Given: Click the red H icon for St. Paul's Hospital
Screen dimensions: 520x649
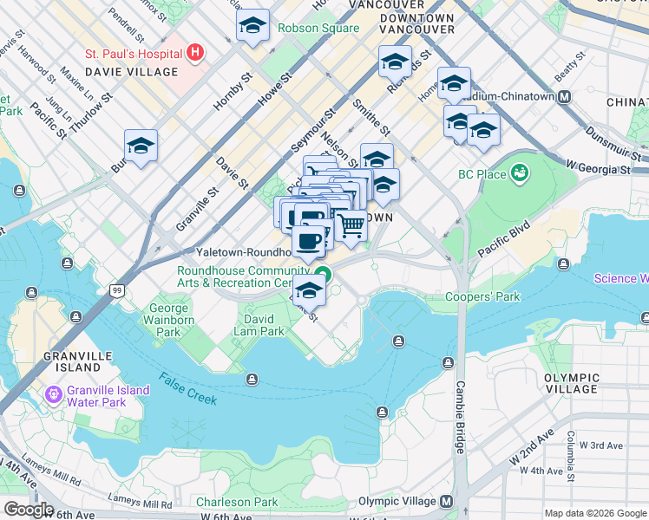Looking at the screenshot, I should (195, 53).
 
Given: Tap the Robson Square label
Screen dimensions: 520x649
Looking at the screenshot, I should (318, 28).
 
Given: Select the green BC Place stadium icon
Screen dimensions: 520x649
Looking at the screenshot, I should (520, 173).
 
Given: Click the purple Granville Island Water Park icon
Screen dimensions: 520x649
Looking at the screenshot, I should (54, 396).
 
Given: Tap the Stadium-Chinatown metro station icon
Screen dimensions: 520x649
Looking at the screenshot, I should (564, 96).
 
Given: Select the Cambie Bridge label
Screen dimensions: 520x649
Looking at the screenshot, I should (460, 417).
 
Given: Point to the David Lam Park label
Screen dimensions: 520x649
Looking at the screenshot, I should (259, 325).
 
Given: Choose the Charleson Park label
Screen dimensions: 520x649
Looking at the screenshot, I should (237, 502).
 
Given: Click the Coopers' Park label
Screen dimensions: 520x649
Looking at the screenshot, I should (482, 296).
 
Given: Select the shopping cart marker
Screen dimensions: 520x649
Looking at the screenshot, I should (351, 226).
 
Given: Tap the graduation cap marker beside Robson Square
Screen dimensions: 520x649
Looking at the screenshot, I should (252, 26).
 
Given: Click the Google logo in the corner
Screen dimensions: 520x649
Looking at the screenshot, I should (29, 509).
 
